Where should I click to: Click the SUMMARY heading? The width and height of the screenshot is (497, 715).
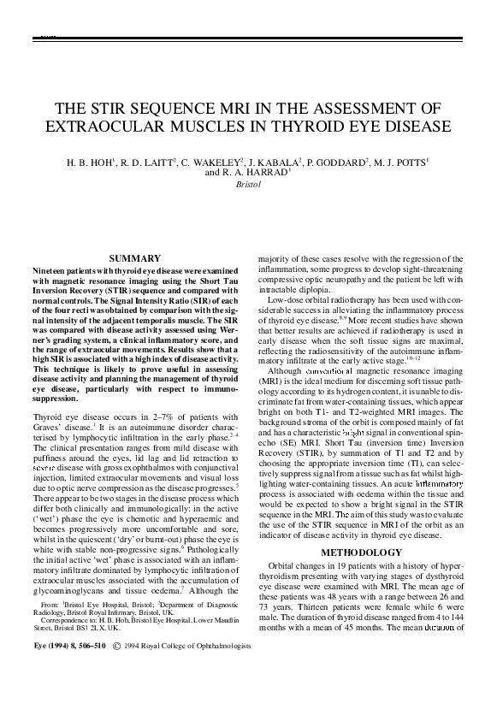[x=136, y=257]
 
